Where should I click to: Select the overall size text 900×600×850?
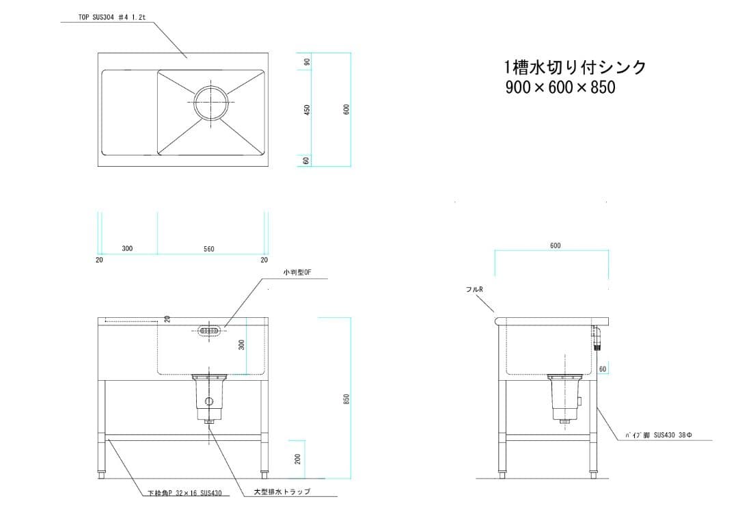[560, 88]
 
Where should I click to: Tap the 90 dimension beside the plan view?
[307, 62]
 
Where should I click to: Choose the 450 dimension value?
[307, 109]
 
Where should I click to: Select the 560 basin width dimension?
[208, 249]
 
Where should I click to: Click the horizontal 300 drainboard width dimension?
[127, 248]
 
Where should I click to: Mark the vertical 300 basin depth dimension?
[241, 345]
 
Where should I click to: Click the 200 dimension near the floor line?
[298, 459]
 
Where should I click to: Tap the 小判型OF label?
[297, 272]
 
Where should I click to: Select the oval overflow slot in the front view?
[209, 331]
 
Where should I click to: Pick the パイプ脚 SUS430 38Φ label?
[659, 435]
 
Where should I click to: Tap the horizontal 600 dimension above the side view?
[555, 245]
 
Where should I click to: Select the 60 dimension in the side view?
[602, 369]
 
